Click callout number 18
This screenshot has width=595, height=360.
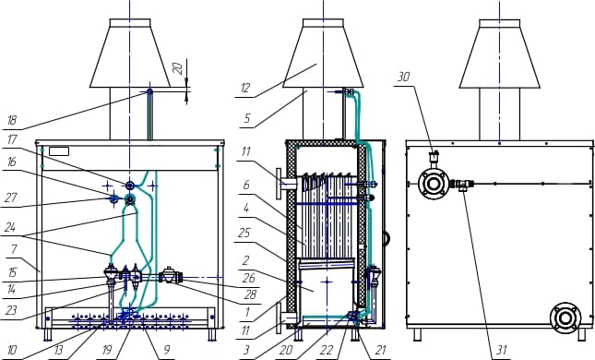12,120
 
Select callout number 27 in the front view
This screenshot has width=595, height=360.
11,198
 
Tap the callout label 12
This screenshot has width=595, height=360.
245,88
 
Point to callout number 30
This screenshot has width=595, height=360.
403,78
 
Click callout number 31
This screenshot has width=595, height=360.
502,350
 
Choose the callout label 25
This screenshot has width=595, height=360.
244,233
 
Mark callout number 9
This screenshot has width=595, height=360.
167,350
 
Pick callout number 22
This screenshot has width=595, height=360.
327,350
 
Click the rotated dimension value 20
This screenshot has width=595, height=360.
178,68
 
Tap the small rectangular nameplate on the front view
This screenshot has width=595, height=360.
59,151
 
